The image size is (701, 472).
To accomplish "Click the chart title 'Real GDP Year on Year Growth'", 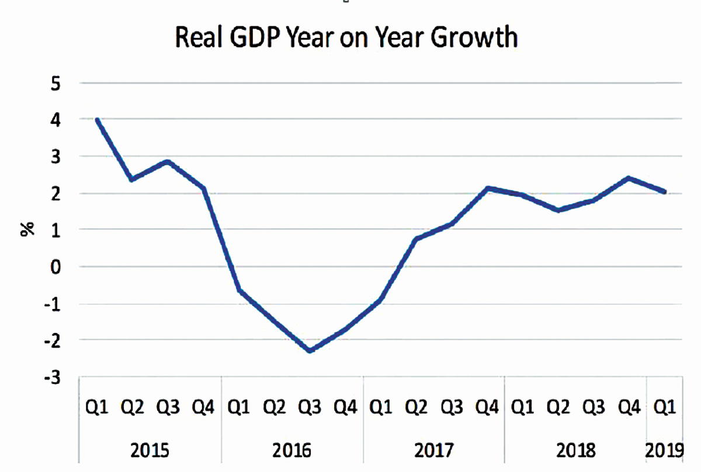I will pyautogui.click(x=346, y=38).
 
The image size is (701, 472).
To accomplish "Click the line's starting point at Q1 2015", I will pyautogui.click(x=97, y=120).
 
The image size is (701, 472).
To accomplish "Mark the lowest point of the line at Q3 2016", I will pyautogui.click(x=310, y=350).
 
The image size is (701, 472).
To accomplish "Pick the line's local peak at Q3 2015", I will pyautogui.click(x=168, y=161).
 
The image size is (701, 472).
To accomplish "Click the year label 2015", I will pyautogui.click(x=150, y=450).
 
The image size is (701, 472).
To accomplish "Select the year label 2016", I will pyautogui.click(x=292, y=450).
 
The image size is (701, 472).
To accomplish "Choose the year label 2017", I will pyautogui.click(x=434, y=450).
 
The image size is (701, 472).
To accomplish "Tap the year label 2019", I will pyautogui.click(x=664, y=450).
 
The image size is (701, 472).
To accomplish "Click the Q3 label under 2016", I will pyautogui.click(x=310, y=408).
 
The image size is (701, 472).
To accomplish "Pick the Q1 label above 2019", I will pyautogui.click(x=664, y=408).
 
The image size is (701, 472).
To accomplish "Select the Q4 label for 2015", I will pyautogui.click(x=203, y=408).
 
